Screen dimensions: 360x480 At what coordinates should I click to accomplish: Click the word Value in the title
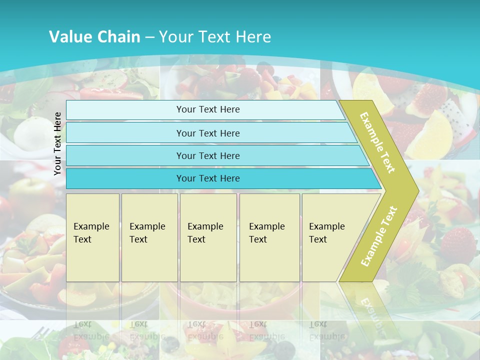(x=69, y=36)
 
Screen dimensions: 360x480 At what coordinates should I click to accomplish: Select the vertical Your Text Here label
(x=57, y=143)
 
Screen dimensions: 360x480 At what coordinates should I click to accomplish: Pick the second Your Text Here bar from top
(x=208, y=133)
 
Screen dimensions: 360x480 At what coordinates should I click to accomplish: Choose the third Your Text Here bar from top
(x=208, y=155)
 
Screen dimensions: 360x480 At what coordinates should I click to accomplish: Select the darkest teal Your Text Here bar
(x=208, y=178)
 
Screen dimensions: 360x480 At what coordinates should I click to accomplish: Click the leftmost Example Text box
(x=92, y=237)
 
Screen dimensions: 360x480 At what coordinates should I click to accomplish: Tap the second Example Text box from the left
(x=149, y=237)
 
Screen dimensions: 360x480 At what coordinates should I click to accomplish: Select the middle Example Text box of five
(x=208, y=237)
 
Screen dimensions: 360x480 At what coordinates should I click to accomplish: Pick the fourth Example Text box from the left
(x=269, y=237)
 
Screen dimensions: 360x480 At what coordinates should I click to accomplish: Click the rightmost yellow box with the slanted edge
(x=330, y=237)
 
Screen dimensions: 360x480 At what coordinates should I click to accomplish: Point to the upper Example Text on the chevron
(x=377, y=143)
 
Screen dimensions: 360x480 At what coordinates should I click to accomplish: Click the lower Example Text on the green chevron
(x=379, y=236)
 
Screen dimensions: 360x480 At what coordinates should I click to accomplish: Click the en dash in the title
(x=149, y=36)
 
